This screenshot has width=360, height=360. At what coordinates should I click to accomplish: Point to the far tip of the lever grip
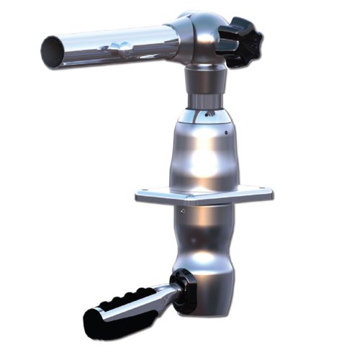pos(91,317)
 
